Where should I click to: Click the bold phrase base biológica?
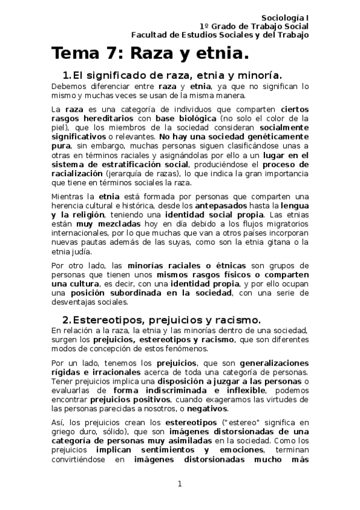(x=181, y=119)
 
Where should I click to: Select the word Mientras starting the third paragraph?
(x=69, y=196)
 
